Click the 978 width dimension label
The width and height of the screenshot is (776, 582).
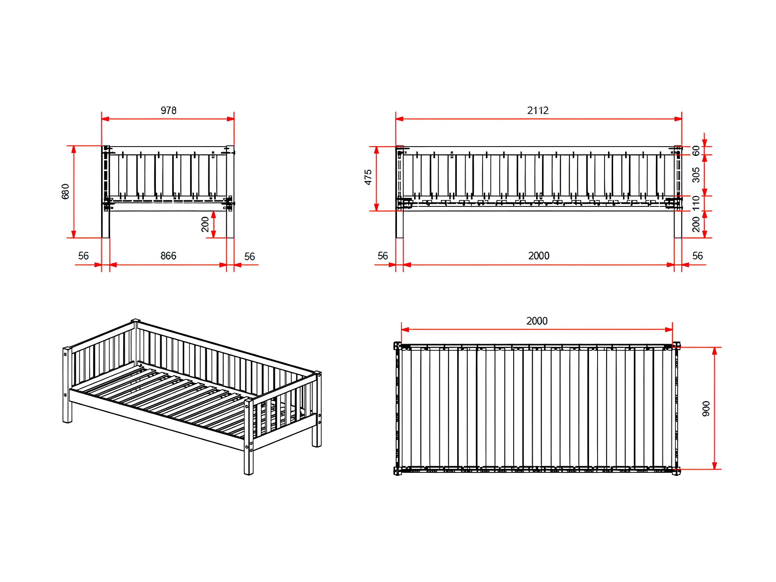pyautogui.click(x=168, y=110)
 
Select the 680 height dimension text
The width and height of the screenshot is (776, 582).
pyautogui.click(x=65, y=191)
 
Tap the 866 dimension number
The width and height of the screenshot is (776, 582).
pyautogui.click(x=168, y=256)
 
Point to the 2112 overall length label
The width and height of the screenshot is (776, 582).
pyautogui.click(x=538, y=110)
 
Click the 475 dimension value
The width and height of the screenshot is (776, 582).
pyautogui.click(x=368, y=177)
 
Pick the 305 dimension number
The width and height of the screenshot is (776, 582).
pyautogui.click(x=696, y=175)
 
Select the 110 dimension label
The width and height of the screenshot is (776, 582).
pyautogui.click(x=696, y=203)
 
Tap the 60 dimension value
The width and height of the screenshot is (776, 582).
pyautogui.click(x=696, y=150)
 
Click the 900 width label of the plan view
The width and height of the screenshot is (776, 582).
pyautogui.click(x=706, y=409)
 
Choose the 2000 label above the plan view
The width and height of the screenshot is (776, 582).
pyautogui.click(x=537, y=321)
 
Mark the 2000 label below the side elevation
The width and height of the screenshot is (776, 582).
pyautogui.click(x=539, y=256)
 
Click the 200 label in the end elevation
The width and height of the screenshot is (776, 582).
pyautogui.click(x=205, y=224)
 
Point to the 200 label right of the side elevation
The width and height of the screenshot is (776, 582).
pyautogui.click(x=696, y=224)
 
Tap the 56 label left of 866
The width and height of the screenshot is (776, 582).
pyautogui.click(x=84, y=256)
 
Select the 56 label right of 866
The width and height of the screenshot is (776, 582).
pyautogui.click(x=250, y=257)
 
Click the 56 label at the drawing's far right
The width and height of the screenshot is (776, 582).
pyautogui.click(x=697, y=256)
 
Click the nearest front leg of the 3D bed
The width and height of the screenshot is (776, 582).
pyautogui.click(x=249, y=437)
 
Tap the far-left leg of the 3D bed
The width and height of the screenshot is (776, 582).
pyautogui.click(x=67, y=385)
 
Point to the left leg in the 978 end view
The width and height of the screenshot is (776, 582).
pyautogui.click(x=106, y=192)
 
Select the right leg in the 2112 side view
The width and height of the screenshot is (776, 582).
pyautogui.click(x=678, y=192)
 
